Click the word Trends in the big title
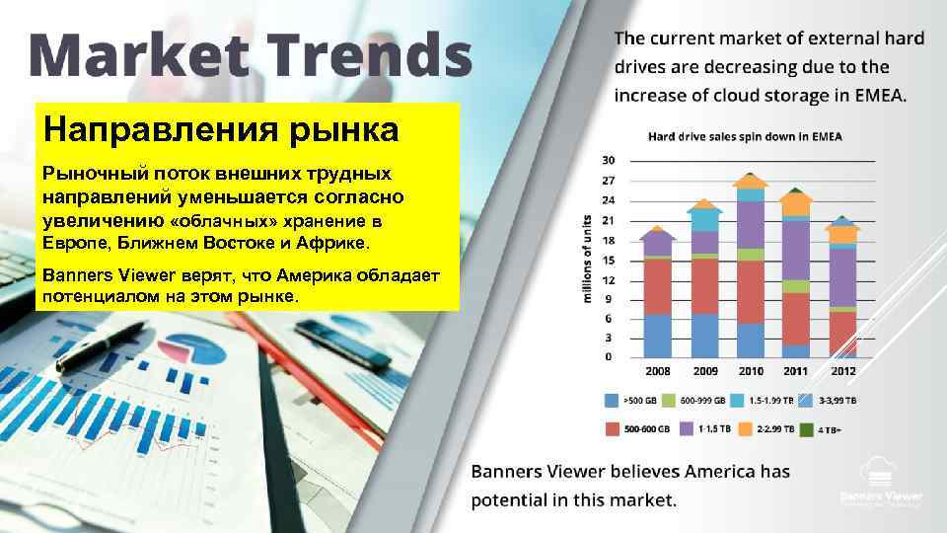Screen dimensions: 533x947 pyautogui.click(x=366, y=55)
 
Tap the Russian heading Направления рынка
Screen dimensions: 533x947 pyautogui.click(x=221, y=130)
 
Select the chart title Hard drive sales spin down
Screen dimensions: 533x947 pyautogui.click(x=751, y=135)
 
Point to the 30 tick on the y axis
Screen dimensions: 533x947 pyautogui.click(x=608, y=160)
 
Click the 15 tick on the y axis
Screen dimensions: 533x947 pyautogui.click(x=608, y=260)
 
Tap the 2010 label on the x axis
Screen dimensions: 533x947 pyautogui.click(x=752, y=371)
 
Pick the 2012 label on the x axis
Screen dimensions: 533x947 pyautogui.click(x=842, y=371)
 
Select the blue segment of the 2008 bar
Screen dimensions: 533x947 pyautogui.click(x=657, y=336)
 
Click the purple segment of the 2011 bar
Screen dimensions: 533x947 pyautogui.click(x=796, y=250)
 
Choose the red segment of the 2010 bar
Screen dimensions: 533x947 pyautogui.click(x=751, y=292)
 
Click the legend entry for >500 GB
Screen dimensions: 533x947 pyautogui.click(x=628, y=401)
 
